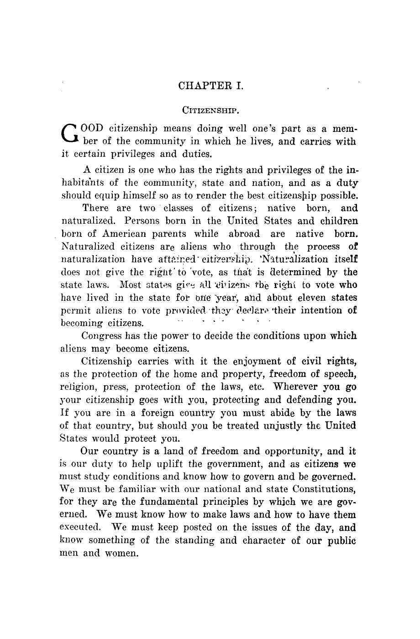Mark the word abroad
[x=244, y=234]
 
